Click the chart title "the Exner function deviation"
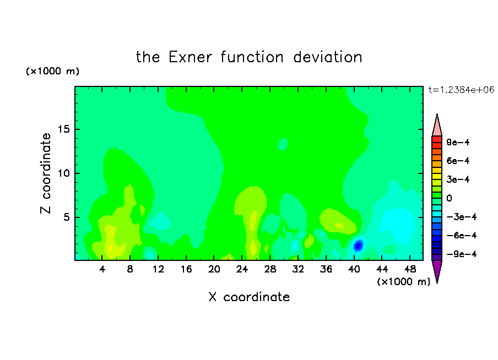(x=249, y=57)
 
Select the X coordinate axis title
(x=249, y=297)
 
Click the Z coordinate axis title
(x=46, y=173)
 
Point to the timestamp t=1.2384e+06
(x=461, y=90)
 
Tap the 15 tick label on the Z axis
(x=63, y=129)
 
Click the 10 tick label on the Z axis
(x=63, y=173)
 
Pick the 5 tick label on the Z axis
(x=66, y=217)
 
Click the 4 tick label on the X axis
(x=102, y=269)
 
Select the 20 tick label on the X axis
(x=214, y=269)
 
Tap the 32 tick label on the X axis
(x=298, y=269)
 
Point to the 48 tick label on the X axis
(x=410, y=269)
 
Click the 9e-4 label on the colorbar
(x=458, y=142)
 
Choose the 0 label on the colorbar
(x=449, y=198)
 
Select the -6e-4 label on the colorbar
(x=462, y=235)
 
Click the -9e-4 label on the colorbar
(x=462, y=254)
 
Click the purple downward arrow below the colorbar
(x=437, y=270)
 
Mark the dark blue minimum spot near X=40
(x=358, y=245)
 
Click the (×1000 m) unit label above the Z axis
(x=52, y=71)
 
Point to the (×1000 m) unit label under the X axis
(x=403, y=282)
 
